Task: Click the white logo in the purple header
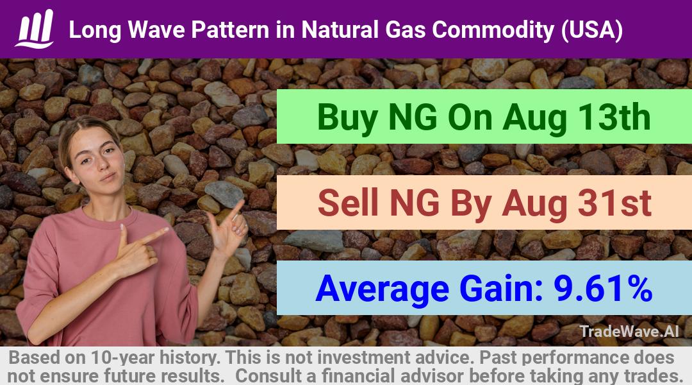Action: tap(35, 28)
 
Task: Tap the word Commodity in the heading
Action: tap(493, 30)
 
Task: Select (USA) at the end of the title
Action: tap(591, 30)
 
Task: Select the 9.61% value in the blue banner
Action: tap(603, 289)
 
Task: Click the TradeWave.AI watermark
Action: tap(629, 331)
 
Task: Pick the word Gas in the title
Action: tap(406, 30)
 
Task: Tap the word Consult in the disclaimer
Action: tap(270, 376)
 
